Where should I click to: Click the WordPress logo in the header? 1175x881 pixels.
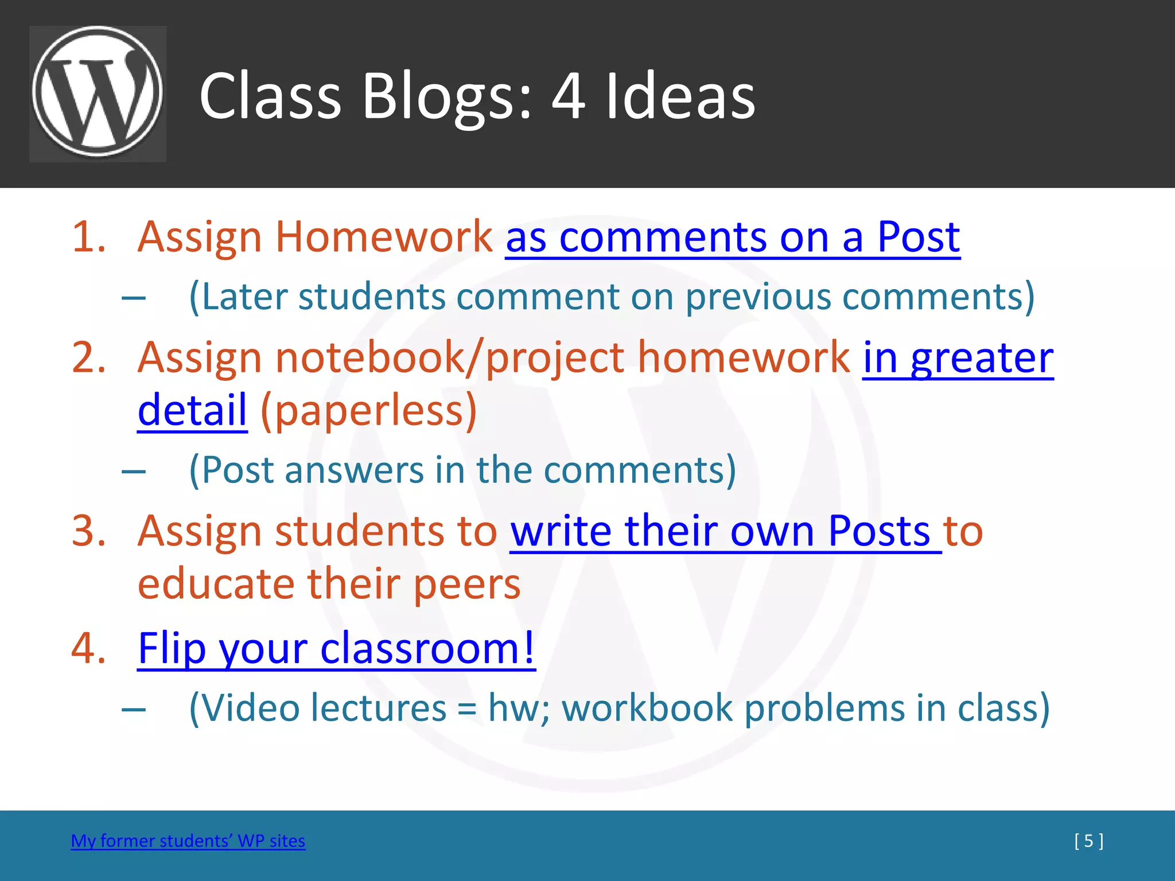(98, 93)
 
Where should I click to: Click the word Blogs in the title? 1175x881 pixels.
(446, 96)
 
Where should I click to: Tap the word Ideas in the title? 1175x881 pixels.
(680, 96)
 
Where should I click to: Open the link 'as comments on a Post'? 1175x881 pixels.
(733, 237)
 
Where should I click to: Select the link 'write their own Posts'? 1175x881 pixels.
(725, 531)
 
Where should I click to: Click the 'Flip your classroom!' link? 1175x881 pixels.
(336, 648)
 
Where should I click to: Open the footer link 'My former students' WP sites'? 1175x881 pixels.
(188, 841)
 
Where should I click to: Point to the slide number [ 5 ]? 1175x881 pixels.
(1088, 841)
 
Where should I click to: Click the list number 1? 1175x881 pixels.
(89, 237)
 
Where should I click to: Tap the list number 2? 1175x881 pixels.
(89, 358)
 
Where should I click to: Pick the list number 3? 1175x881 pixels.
(89, 531)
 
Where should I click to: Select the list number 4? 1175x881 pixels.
(89, 648)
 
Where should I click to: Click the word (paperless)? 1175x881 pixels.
(368, 411)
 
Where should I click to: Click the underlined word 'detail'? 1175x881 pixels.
(192, 411)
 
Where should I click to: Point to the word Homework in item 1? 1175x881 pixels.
(383, 237)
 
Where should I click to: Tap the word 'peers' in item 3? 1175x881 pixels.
(466, 584)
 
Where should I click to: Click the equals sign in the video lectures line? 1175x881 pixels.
(467, 709)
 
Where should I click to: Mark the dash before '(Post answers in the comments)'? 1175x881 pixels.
(134, 471)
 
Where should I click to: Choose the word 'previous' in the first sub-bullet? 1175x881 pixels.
(758, 297)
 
